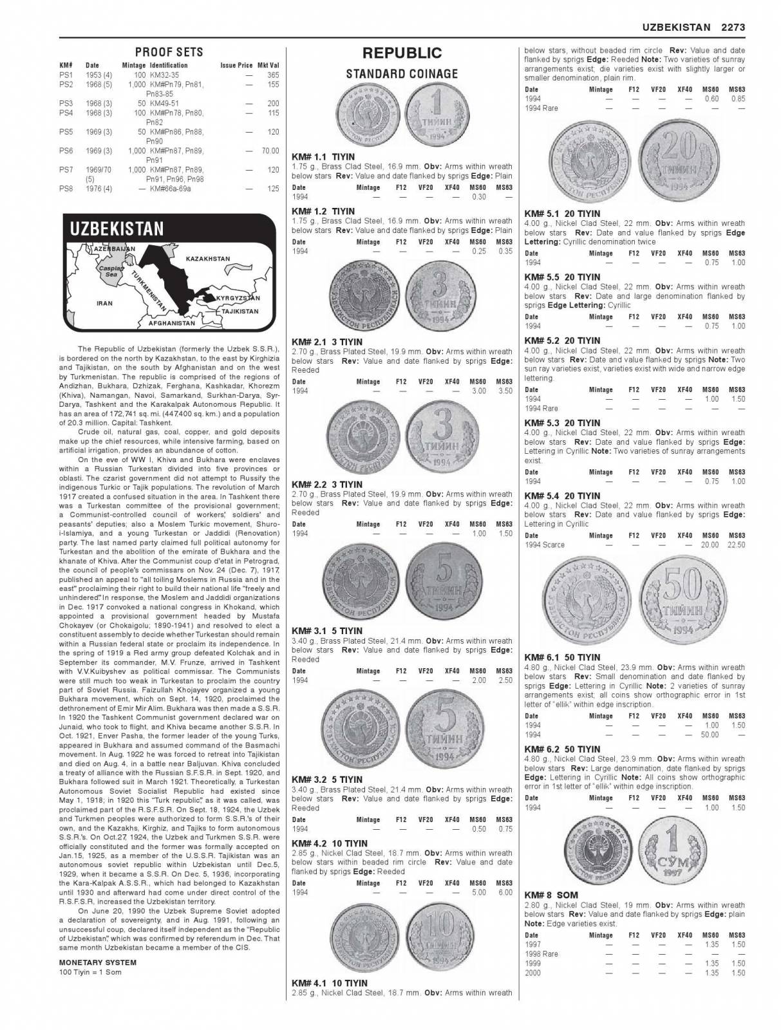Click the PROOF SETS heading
click(x=169, y=52)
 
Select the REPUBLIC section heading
click(x=402, y=53)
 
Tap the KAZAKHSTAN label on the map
click(x=207, y=259)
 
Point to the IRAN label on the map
click(x=104, y=303)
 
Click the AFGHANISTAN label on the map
click(x=172, y=323)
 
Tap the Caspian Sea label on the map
click(x=108, y=270)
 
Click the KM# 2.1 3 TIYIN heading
click(x=327, y=342)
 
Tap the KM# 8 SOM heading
click(x=551, y=895)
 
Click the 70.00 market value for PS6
click(x=270, y=151)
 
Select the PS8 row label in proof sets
click(x=66, y=189)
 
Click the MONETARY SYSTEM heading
click(x=97, y=962)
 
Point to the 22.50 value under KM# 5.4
click(x=735, y=545)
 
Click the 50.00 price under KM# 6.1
click(x=710, y=735)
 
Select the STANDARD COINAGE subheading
click(x=402, y=74)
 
